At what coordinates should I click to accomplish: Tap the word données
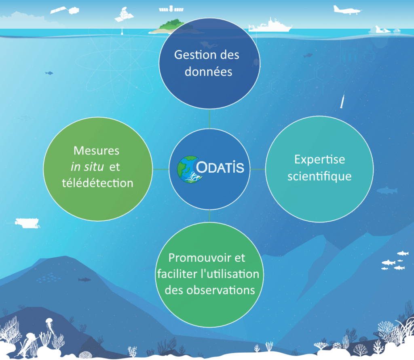(x=208, y=71)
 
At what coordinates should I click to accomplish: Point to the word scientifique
(x=319, y=177)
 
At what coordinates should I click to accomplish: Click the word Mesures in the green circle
(x=96, y=150)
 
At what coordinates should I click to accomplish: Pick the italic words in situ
(x=87, y=167)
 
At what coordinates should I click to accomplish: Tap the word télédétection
(x=97, y=183)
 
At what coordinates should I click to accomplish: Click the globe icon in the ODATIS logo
(x=189, y=169)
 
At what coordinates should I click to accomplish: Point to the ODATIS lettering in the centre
(x=220, y=167)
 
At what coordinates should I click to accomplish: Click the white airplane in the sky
(x=346, y=10)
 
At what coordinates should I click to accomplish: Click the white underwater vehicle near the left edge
(x=27, y=223)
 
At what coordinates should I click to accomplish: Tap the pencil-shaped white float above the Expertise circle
(x=342, y=100)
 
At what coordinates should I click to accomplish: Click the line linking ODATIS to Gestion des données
(x=209, y=119)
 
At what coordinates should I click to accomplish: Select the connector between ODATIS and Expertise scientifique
(x=258, y=169)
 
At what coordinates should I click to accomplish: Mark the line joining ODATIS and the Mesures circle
(x=161, y=169)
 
